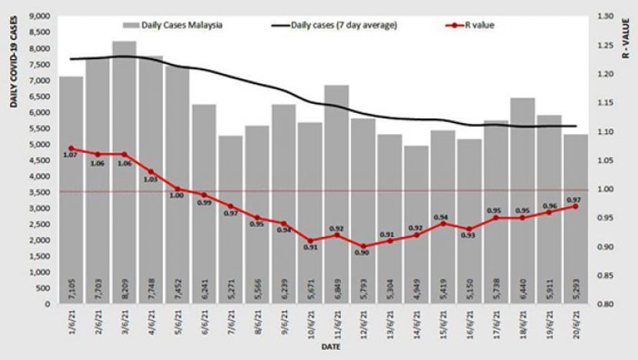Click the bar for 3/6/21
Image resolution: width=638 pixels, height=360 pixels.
(x=125, y=169)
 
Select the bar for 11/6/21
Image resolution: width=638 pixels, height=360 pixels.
(x=336, y=192)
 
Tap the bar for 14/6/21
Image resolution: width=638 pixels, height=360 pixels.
(x=416, y=223)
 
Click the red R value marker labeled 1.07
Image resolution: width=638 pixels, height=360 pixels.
(x=71, y=148)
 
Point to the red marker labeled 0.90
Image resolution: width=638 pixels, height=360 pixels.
(x=362, y=247)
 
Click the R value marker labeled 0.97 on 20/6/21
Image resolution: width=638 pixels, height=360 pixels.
(x=576, y=206)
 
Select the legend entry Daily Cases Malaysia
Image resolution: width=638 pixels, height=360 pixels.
(x=179, y=25)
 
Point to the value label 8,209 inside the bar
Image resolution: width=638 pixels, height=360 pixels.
(x=125, y=289)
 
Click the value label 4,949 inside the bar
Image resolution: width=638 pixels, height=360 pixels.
(x=416, y=289)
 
